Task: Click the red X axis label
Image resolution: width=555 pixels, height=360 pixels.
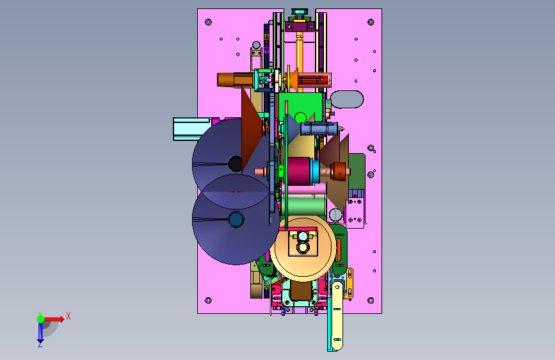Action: coord(68,316)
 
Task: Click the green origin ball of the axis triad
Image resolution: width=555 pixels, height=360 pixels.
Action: coord(40,319)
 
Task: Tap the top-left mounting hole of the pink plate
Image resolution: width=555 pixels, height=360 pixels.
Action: coord(209,22)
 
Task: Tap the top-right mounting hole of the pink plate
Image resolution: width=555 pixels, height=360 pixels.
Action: coord(371,22)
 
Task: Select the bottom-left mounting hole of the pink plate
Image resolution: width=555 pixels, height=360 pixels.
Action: coord(209,300)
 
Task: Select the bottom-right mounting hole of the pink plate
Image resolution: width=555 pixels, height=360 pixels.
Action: coord(371,300)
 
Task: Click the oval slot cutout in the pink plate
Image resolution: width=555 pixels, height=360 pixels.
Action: coord(347,99)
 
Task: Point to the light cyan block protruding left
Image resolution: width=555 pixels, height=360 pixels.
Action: coord(192,129)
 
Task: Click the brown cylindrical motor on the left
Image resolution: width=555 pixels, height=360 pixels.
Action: coord(235,79)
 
